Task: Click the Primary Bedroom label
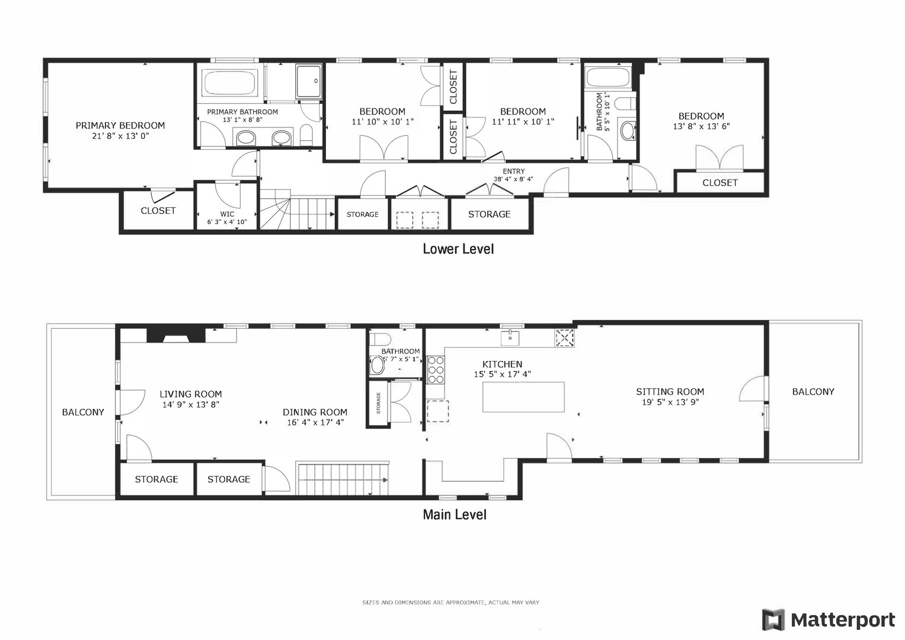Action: pyautogui.click(x=120, y=126)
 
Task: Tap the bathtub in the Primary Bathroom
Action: pyautogui.click(x=230, y=82)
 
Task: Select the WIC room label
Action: pyautogui.click(x=227, y=214)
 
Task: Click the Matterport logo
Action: pyautogui.click(x=829, y=620)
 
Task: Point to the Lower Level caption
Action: pyautogui.click(x=458, y=249)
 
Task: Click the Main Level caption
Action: pyautogui.click(x=454, y=514)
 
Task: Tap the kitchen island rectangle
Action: pyautogui.click(x=523, y=397)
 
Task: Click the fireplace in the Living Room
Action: pyautogui.click(x=176, y=335)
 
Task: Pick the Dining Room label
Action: pyautogui.click(x=315, y=412)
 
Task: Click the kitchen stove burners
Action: pyautogui.click(x=436, y=370)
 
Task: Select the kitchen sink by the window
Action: pyautogui.click(x=510, y=338)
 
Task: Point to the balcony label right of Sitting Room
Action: pyautogui.click(x=813, y=392)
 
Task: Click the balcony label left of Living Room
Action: pyautogui.click(x=83, y=412)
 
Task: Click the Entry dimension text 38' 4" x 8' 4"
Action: pyautogui.click(x=513, y=178)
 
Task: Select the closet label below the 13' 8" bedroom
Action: pyautogui.click(x=719, y=183)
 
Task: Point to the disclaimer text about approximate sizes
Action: pyautogui.click(x=450, y=602)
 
